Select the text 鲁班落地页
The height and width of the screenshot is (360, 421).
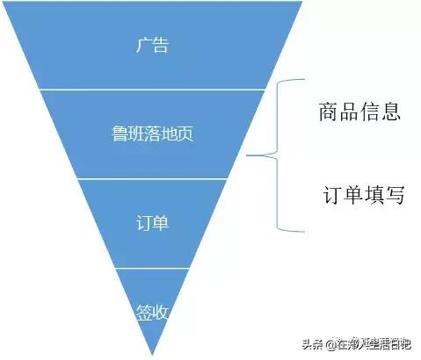coord(154,134)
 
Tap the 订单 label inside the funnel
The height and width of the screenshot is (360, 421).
coord(154,222)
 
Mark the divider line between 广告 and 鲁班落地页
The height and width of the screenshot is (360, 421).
coord(154,89)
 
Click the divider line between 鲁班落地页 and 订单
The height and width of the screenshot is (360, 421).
coord(154,178)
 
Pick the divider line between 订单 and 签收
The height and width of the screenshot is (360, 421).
coord(154,268)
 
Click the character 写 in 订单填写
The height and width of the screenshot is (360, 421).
coord(395,195)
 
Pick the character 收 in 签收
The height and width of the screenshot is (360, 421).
coord(163,311)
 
